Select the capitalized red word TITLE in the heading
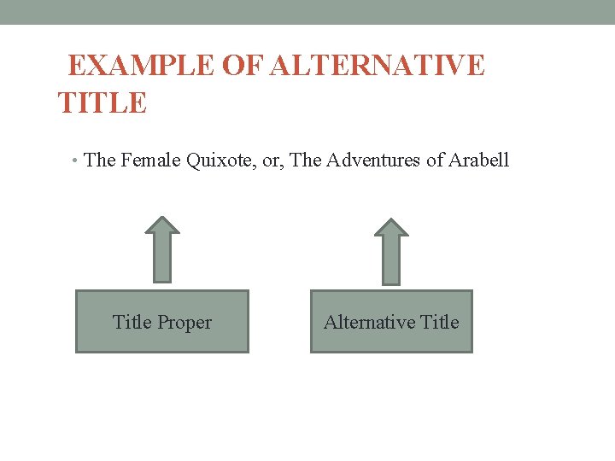click(102, 103)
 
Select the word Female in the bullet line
click(150, 160)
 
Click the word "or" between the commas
click(271, 160)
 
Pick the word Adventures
click(372, 160)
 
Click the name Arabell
click(478, 160)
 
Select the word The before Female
click(101, 160)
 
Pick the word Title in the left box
click(132, 322)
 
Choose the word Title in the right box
click(440, 322)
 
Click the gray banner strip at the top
click(307, 12)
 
